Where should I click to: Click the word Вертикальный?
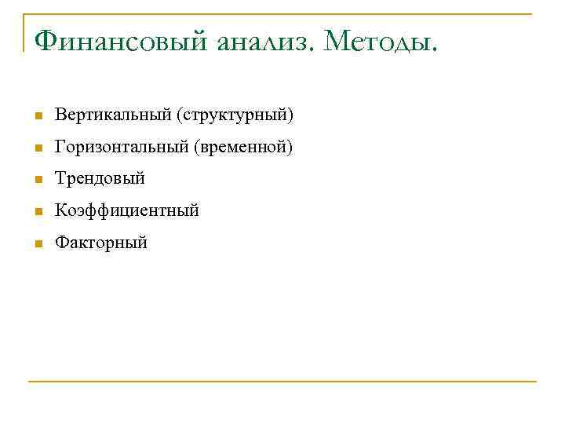[113, 116]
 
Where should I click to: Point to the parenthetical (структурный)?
[235, 116]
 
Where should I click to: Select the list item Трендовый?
[100, 179]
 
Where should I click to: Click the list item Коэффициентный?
[126, 211]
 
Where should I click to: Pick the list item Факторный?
[101, 243]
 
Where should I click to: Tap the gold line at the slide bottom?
[282, 382]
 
